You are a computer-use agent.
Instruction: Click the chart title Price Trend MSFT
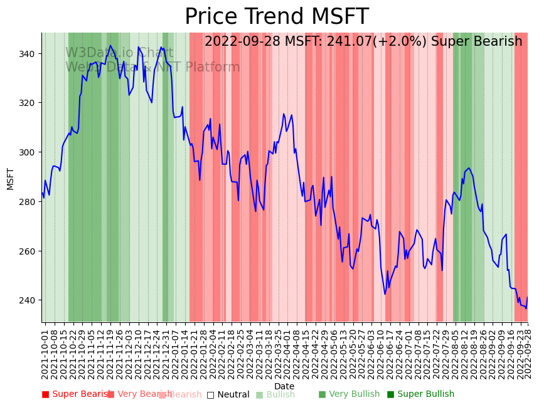coord(276,17)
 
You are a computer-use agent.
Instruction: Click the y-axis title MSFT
coord(10,178)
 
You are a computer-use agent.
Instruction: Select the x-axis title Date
coord(284,386)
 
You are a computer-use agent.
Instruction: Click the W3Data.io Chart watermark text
coord(119,53)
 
